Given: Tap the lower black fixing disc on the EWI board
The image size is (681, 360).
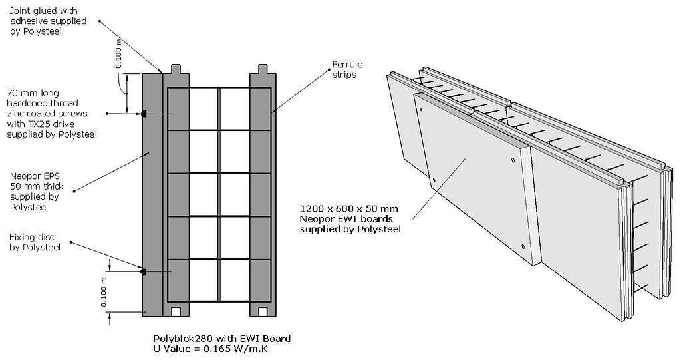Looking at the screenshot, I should (x=143, y=271).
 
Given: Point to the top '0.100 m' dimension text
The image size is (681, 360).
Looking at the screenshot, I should (x=118, y=54).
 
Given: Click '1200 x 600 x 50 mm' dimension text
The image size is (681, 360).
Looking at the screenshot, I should (x=349, y=208).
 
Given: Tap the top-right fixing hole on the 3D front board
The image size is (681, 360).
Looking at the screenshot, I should (x=513, y=160).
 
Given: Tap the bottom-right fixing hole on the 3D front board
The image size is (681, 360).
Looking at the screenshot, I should (x=523, y=246).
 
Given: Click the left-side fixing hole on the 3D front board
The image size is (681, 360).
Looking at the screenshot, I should (x=434, y=180).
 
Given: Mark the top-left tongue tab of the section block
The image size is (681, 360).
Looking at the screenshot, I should (x=178, y=68).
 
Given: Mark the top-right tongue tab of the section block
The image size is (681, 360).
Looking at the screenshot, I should (x=263, y=68).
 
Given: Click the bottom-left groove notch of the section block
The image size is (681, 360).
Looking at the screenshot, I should (x=178, y=311).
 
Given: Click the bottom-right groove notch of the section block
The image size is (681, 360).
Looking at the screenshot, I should (x=263, y=311).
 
